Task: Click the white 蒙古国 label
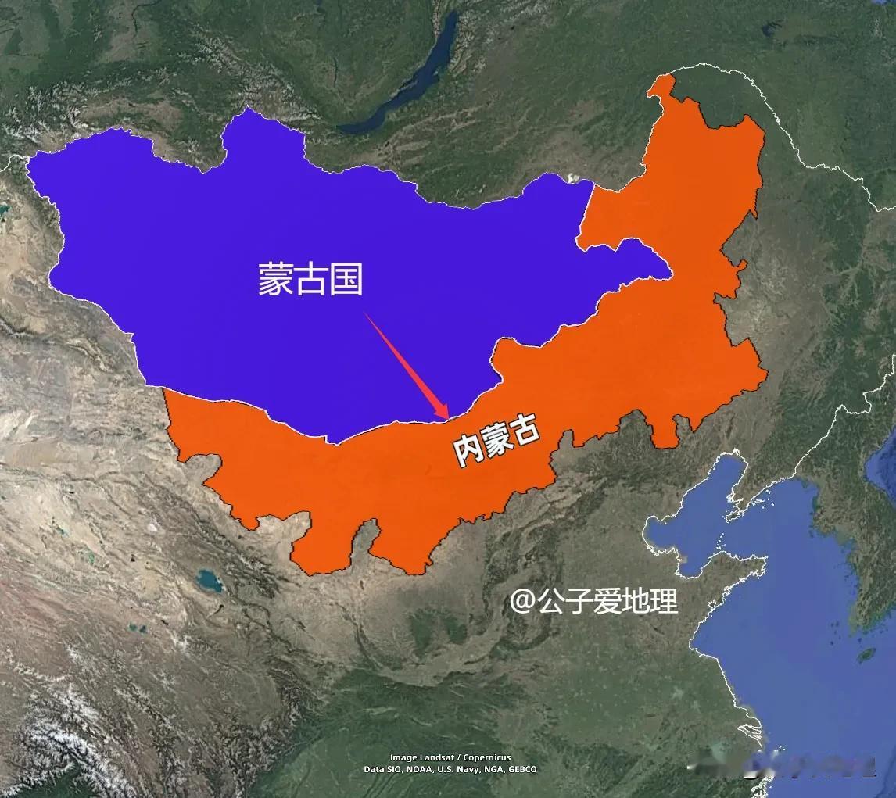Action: point(311,279)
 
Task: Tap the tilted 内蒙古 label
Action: point(497,442)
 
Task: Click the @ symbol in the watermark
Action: point(522,601)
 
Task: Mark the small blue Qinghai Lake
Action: point(209,581)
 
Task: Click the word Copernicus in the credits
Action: point(486,757)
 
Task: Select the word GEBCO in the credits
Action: point(522,769)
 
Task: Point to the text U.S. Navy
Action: point(457,769)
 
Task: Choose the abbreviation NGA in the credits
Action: point(492,769)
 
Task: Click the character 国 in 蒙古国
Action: point(346,279)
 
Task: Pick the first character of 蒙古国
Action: point(276,279)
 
